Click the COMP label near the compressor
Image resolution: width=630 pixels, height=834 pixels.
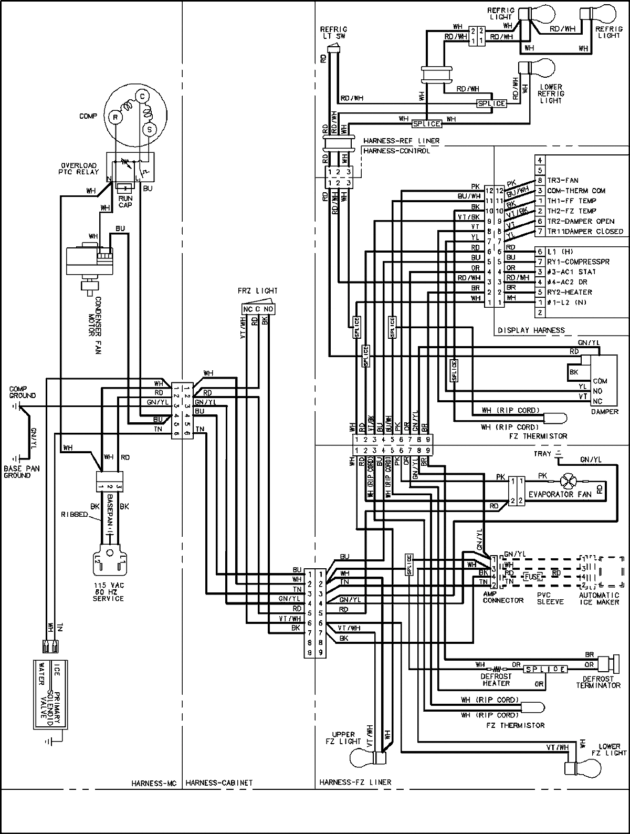pos(89,116)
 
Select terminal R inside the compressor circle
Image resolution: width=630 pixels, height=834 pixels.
pos(117,119)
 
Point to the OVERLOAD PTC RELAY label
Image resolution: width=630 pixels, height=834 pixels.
pos(78,169)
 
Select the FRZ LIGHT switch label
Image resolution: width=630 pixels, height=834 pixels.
pos(257,290)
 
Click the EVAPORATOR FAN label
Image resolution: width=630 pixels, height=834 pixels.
pos(552,494)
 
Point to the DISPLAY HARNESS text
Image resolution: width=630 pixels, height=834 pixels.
pos(531,330)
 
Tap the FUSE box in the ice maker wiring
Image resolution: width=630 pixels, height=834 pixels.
pos(534,576)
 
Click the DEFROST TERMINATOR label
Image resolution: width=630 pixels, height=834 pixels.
pos(598,682)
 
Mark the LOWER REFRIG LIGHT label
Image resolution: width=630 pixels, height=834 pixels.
pos(550,93)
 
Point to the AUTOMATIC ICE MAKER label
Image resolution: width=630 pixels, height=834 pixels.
pos(600,599)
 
